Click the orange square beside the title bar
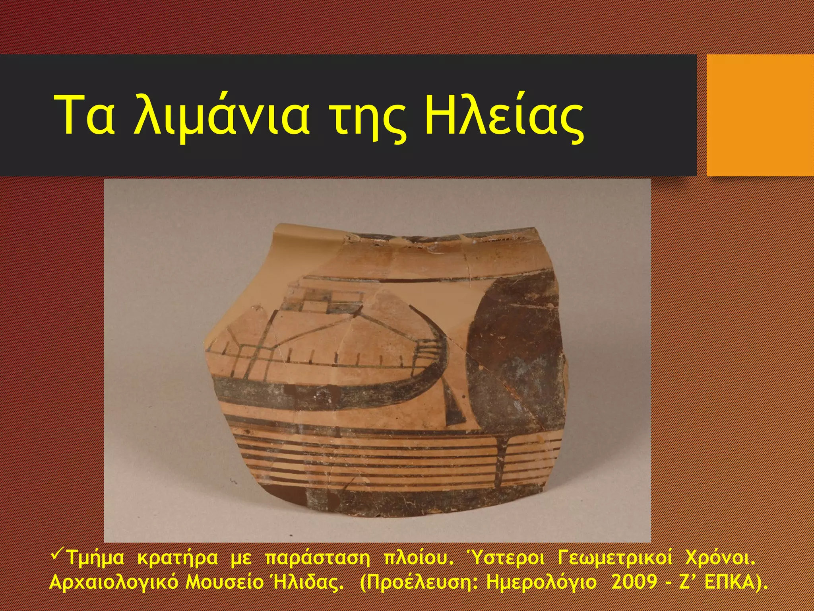(760, 115)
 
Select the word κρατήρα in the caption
(177, 558)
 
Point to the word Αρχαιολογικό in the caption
(114, 584)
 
